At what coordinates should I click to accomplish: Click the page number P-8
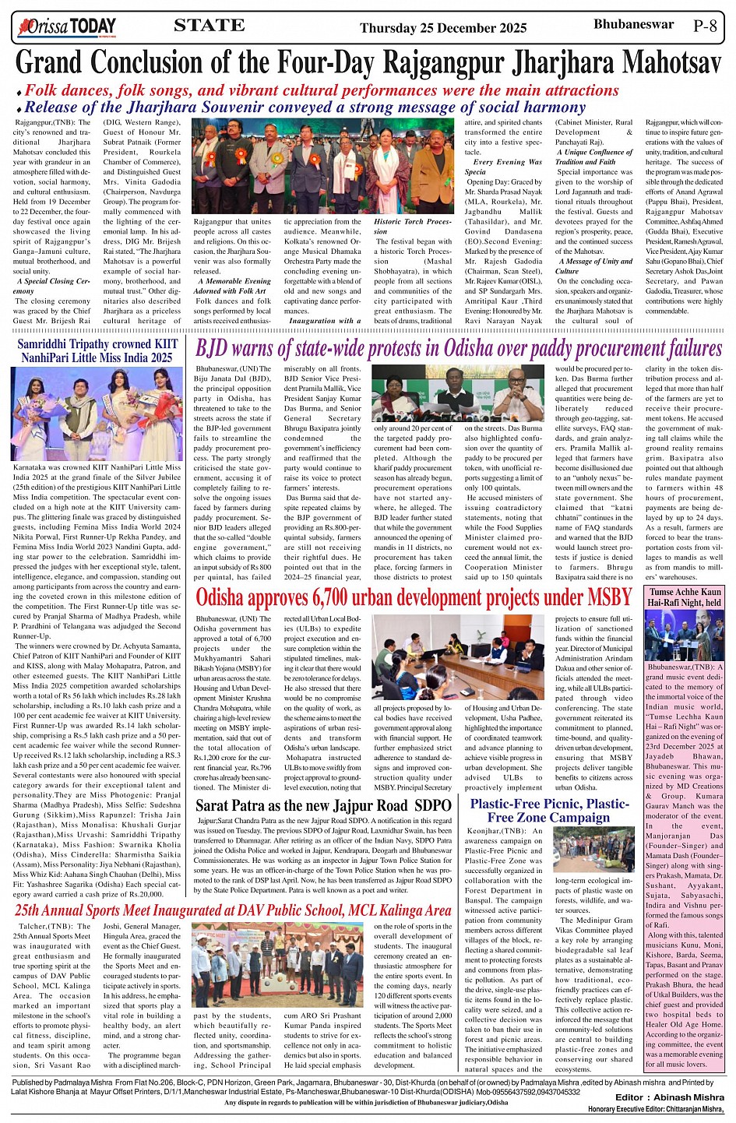[x=704, y=26]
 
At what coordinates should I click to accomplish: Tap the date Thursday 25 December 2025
[x=443, y=29]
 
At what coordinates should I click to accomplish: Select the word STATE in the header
[x=210, y=26]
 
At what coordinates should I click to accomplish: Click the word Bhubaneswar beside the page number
[x=633, y=24]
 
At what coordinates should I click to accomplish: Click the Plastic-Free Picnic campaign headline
[x=549, y=810]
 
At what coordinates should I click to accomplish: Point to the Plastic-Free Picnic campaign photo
[x=593, y=849]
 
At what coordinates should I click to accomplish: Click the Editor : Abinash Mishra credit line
[x=669, y=1097]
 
